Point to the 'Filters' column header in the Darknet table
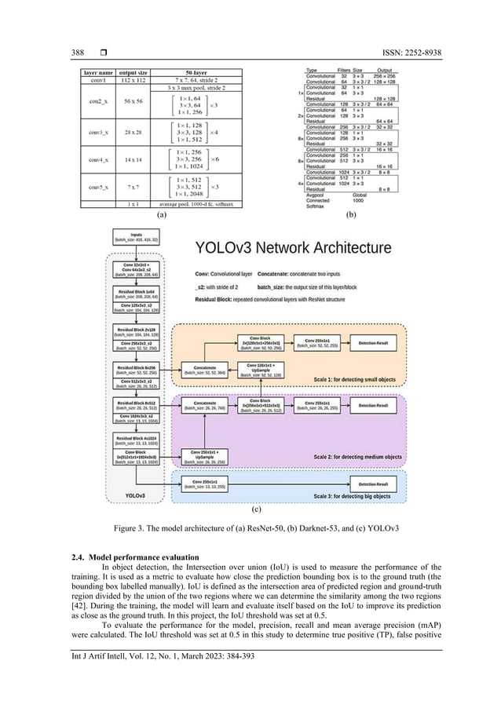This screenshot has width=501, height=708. (x=348, y=69)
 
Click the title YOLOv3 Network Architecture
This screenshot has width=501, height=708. (x=292, y=248)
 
